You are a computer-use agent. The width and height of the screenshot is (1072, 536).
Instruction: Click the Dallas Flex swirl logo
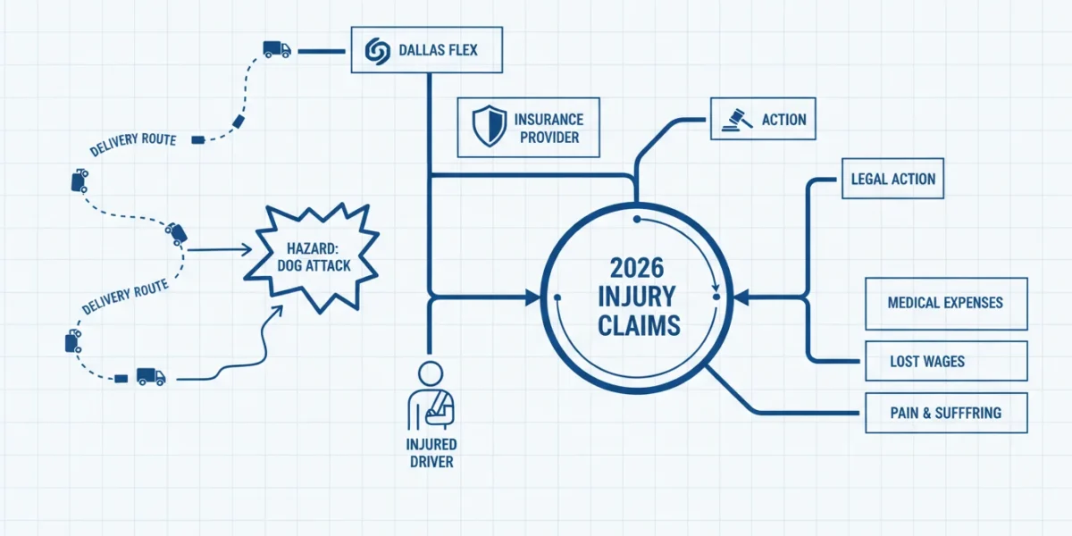[378, 51]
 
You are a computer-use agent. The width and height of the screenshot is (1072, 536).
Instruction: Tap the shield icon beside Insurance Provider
[490, 126]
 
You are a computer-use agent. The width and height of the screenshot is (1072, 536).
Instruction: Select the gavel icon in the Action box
[737, 120]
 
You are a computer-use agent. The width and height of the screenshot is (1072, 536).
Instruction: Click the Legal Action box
[893, 179]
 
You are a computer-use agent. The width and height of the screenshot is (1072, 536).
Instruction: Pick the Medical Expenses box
[946, 304]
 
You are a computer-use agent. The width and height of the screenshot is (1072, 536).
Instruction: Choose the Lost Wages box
[946, 361]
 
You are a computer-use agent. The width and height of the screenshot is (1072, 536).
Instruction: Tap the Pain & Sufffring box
[946, 413]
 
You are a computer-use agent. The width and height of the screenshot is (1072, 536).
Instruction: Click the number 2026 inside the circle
[637, 268]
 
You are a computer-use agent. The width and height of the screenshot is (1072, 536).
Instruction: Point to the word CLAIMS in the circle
[639, 326]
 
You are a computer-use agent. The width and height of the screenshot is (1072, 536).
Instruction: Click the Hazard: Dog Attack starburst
[312, 257]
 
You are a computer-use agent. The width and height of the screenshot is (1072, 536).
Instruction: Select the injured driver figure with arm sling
[431, 397]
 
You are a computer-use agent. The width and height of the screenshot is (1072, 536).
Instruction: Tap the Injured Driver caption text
[431, 453]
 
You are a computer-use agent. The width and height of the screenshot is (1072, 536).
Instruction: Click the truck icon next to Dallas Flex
[277, 49]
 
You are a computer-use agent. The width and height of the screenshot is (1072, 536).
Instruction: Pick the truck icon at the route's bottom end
[151, 377]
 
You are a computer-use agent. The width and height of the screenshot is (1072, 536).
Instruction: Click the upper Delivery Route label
[133, 144]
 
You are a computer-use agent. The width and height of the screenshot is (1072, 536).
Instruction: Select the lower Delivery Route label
[125, 297]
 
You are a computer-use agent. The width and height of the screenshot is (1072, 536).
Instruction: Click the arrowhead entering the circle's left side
[532, 297]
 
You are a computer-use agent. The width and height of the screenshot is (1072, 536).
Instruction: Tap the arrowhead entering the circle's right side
[741, 297]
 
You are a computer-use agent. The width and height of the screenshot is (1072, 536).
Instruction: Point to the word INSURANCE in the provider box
[549, 120]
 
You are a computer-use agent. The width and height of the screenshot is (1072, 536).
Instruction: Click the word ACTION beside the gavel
[784, 120]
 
